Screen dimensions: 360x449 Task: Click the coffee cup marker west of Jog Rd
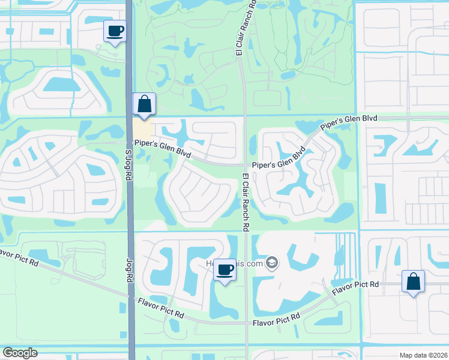(115, 31)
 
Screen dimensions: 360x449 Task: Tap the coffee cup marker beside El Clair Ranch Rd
(224, 270)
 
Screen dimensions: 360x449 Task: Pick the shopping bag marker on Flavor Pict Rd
(413, 281)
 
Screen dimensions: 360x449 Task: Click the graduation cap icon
(272, 263)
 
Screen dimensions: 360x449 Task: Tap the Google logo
(20, 353)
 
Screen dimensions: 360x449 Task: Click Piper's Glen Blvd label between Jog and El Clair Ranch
(163, 149)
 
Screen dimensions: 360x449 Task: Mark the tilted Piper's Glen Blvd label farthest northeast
(349, 123)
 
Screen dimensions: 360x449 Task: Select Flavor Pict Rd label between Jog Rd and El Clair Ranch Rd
(160, 310)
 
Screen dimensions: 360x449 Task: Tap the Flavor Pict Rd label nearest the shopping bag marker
(357, 287)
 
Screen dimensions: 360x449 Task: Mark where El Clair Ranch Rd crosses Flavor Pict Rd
(247, 323)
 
